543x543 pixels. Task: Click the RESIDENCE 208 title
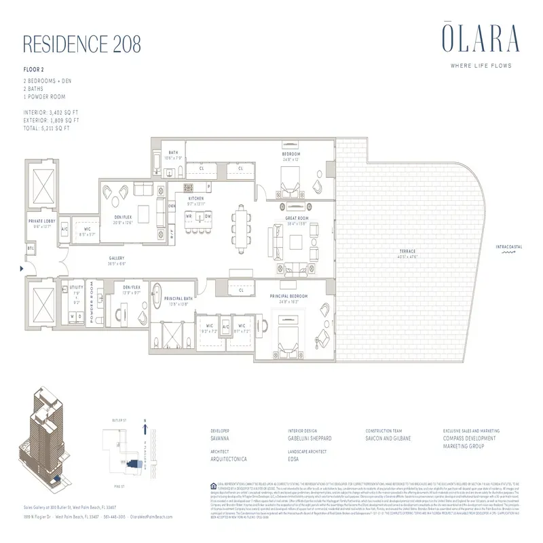point(82,43)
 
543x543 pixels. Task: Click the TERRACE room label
point(407,252)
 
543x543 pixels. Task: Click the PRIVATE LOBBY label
point(41,222)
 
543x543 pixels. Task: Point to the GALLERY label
point(117,259)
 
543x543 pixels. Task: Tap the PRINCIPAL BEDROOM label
point(288,296)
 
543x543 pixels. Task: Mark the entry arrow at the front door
point(24,269)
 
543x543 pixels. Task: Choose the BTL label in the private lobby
point(30,248)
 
